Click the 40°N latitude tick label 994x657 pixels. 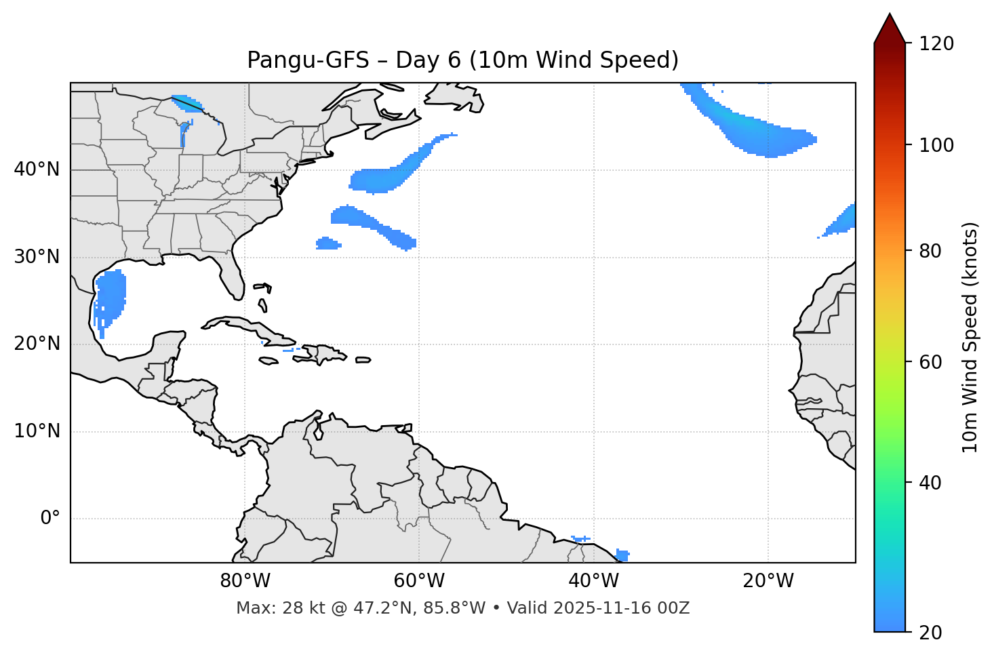pyautogui.click(x=37, y=170)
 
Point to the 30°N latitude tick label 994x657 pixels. pyautogui.click(x=37, y=257)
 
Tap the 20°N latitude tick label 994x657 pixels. pyautogui.click(x=37, y=344)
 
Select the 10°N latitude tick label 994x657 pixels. pyautogui.click(x=37, y=431)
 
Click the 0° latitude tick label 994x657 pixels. pyautogui.click(x=49, y=519)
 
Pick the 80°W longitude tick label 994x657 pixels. pyautogui.click(x=245, y=581)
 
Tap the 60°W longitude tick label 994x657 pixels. pyautogui.click(x=419, y=581)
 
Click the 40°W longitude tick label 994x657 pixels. pyautogui.click(x=593, y=581)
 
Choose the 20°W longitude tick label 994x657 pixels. pyautogui.click(x=768, y=581)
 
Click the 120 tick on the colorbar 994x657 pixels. pyautogui.click(x=937, y=44)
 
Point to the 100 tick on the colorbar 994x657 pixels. pyautogui.click(x=937, y=145)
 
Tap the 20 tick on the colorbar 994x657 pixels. pyautogui.click(x=930, y=633)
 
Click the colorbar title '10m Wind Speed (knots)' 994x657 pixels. pyautogui.click(x=970, y=338)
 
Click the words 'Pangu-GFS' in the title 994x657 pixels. pyautogui.click(x=308, y=60)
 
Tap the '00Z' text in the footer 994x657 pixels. pyautogui.click(x=675, y=608)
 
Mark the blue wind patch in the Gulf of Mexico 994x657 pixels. pyautogui.click(x=111, y=295)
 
